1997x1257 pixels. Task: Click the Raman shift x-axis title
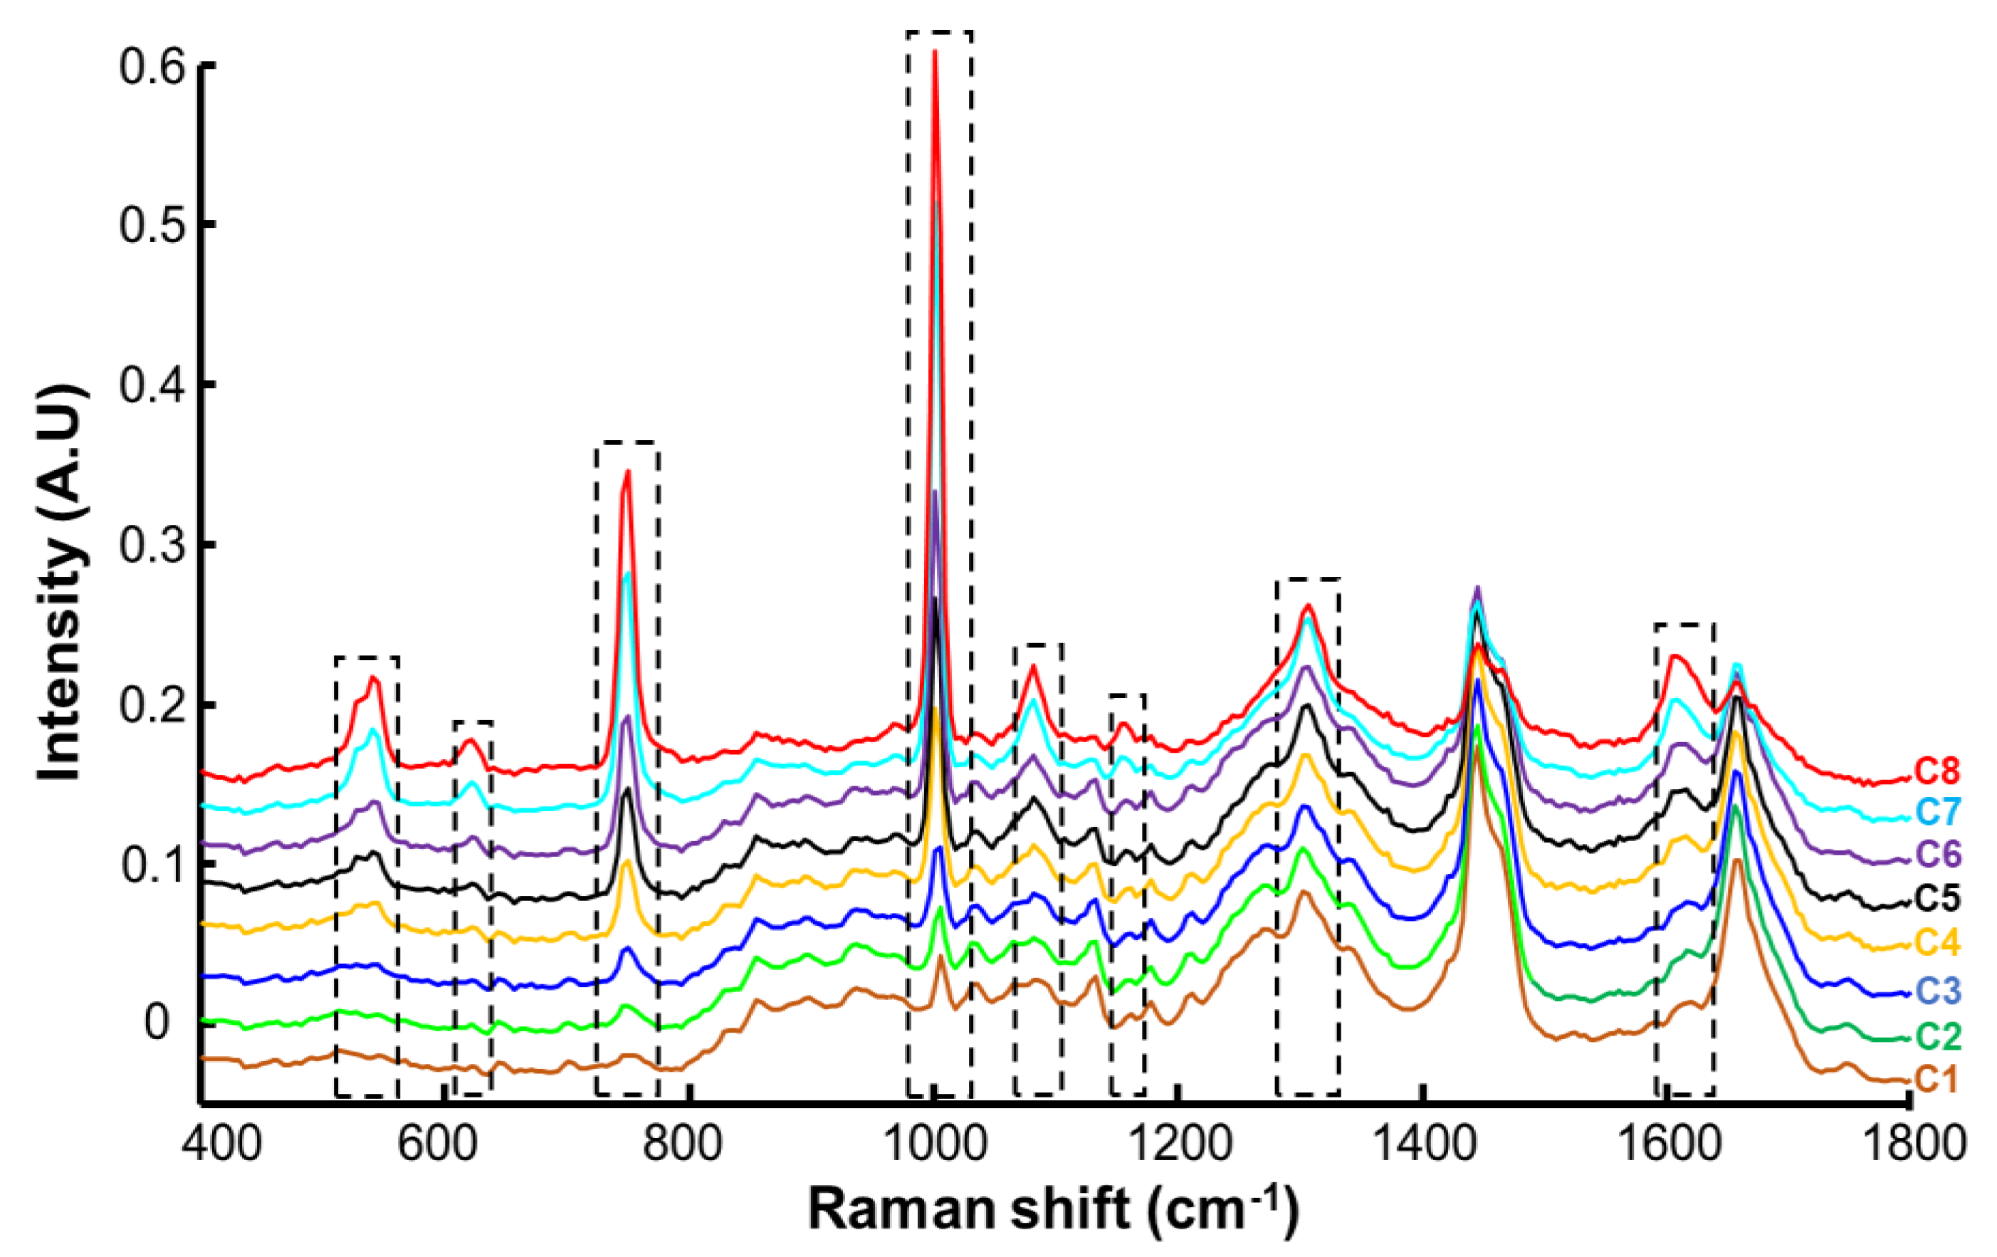point(1053,1209)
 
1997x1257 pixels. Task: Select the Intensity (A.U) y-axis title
point(62,581)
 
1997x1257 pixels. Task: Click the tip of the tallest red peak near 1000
point(935,51)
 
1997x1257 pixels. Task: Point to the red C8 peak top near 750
point(628,471)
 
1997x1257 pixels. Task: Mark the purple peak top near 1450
point(1477,588)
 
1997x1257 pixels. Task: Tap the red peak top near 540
point(373,678)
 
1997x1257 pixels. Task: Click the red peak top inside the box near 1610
point(1675,657)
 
